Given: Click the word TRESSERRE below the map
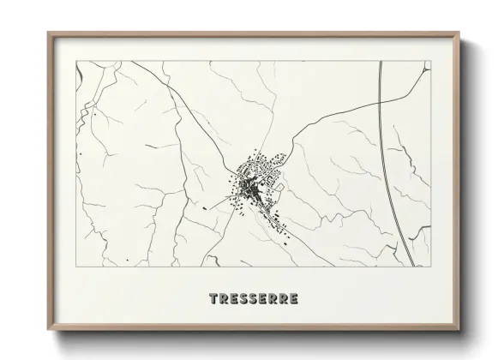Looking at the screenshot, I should (x=254, y=299).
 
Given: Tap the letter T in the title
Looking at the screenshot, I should (x=213, y=299).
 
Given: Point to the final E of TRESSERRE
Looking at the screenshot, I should (x=294, y=299).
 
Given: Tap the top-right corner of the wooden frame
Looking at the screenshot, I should (x=460, y=33).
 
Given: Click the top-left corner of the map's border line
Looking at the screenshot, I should (x=77, y=62).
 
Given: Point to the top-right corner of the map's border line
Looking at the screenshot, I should (x=430, y=62).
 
